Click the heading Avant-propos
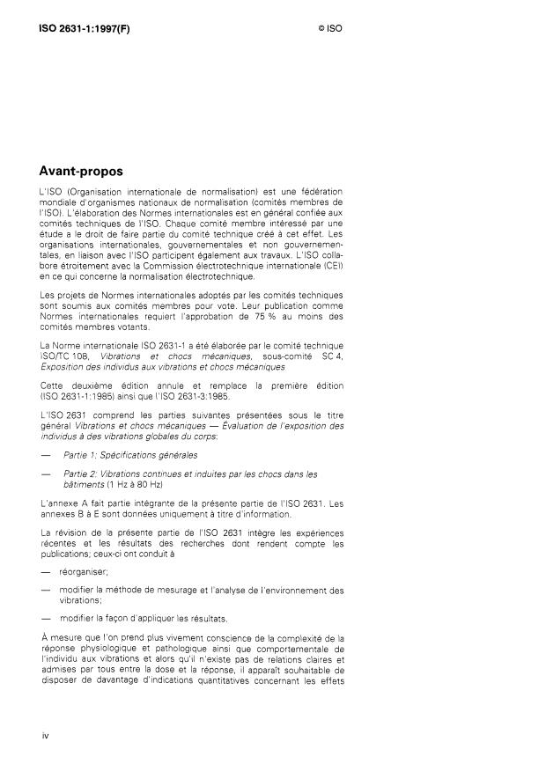tap(80, 171)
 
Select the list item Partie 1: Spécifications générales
tap(129, 455)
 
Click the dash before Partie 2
tap(46, 474)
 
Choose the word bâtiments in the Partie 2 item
tap(84, 484)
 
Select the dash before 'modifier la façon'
tap(46, 618)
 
